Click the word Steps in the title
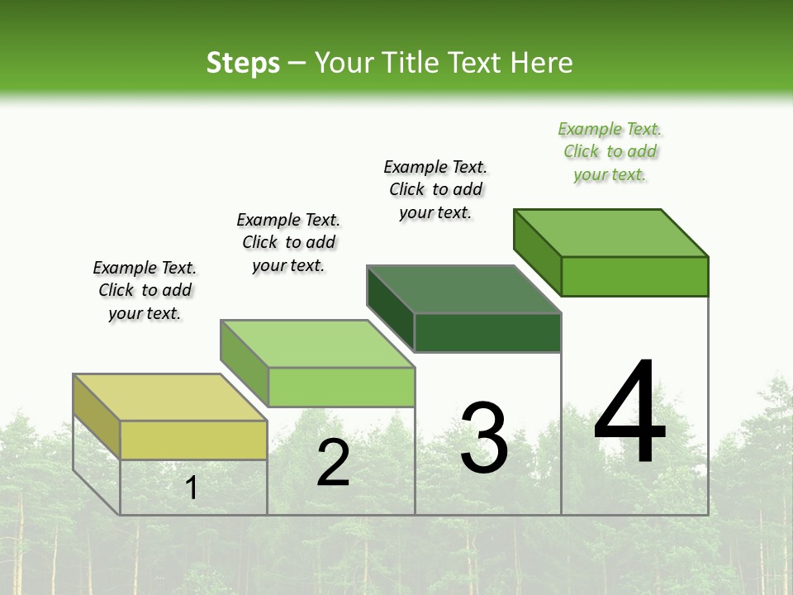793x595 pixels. tap(243, 63)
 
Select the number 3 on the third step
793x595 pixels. tap(484, 437)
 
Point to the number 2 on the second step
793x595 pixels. tap(333, 463)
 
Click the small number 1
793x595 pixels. tap(191, 488)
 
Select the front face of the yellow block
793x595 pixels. tap(193, 440)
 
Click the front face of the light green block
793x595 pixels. tap(341, 387)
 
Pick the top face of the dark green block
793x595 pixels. tap(464, 289)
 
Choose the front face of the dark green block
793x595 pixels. tap(487, 332)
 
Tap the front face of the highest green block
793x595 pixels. tap(634, 276)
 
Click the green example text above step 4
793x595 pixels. tap(610, 152)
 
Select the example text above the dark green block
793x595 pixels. tap(435, 189)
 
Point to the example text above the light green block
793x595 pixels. tap(288, 242)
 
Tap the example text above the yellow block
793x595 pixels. tap(145, 290)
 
